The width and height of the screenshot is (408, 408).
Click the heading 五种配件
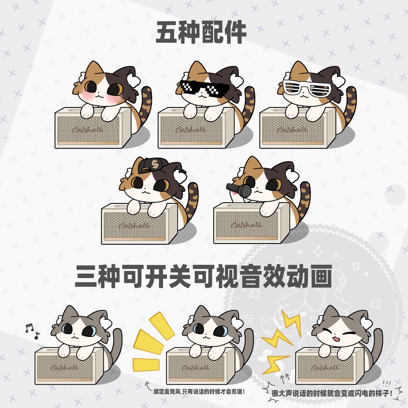pyautogui.click(x=201, y=33)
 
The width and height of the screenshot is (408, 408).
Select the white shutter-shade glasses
pyautogui.click(x=307, y=88)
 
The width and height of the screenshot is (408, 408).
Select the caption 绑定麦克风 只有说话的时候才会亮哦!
pyautogui.click(x=199, y=392)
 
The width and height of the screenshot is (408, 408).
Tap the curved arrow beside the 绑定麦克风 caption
pyautogui.click(x=148, y=384)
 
